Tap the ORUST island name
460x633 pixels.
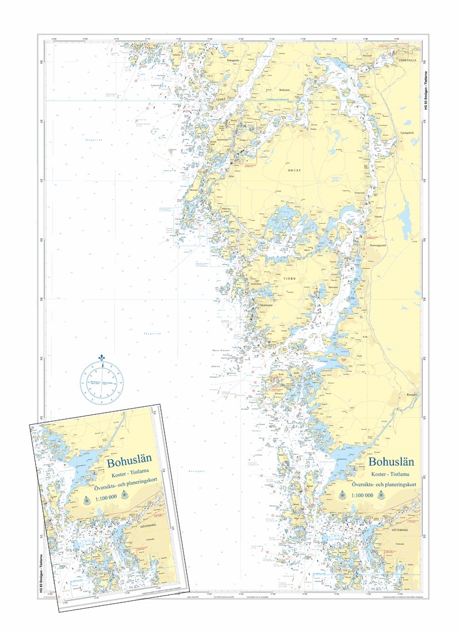pos(294,170)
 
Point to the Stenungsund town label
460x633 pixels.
pos(379,244)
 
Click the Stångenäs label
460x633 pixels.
pos(233,60)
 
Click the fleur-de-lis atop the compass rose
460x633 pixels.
pos(102,359)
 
